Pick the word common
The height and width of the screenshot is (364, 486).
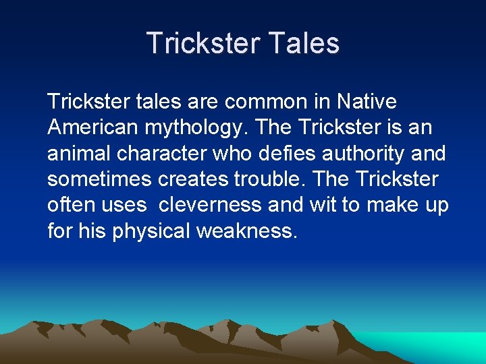tap(263, 102)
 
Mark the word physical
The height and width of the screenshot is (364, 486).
tap(152, 232)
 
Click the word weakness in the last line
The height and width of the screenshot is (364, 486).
tap(247, 231)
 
